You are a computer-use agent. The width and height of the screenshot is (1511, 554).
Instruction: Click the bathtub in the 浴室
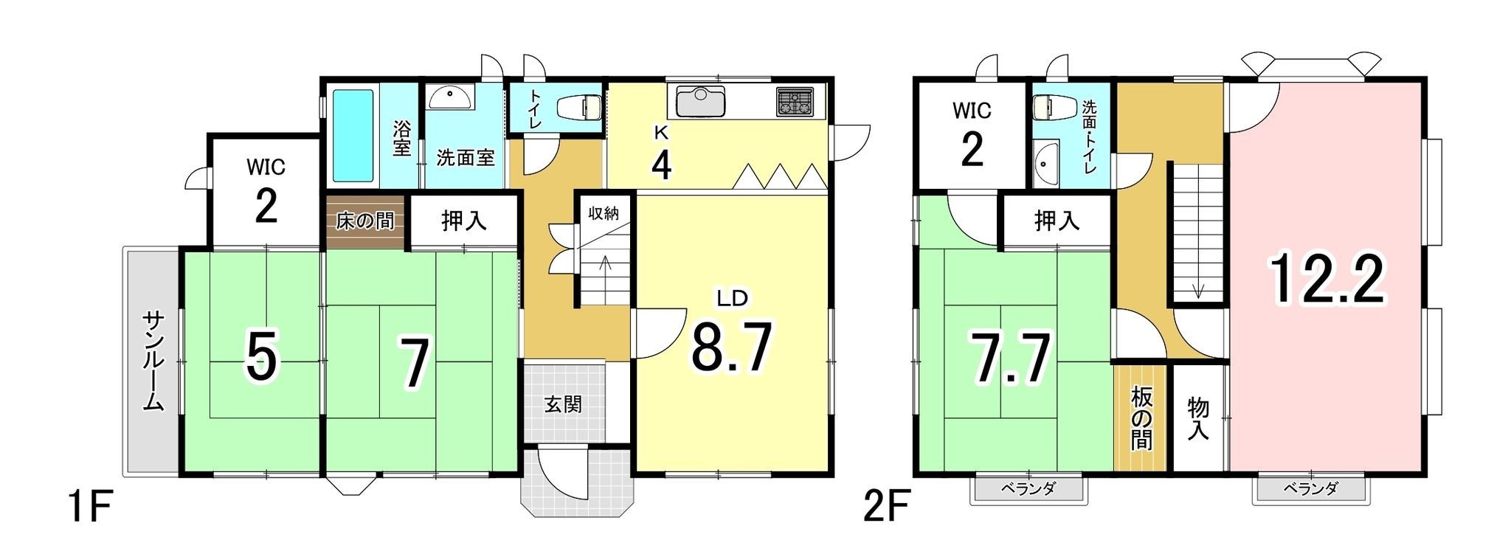(x=353, y=136)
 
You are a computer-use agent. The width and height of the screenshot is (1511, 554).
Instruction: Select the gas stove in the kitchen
(x=793, y=102)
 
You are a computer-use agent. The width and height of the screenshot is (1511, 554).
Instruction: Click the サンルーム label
(x=153, y=361)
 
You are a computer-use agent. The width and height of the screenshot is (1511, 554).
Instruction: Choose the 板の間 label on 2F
(x=1141, y=418)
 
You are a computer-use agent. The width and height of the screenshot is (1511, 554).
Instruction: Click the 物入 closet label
(x=1198, y=419)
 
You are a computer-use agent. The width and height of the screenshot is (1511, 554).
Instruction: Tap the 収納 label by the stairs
(x=604, y=213)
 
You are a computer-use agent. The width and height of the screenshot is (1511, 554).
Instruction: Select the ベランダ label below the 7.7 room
(x=1028, y=488)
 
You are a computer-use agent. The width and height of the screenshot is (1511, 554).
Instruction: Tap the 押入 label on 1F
(x=464, y=220)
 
